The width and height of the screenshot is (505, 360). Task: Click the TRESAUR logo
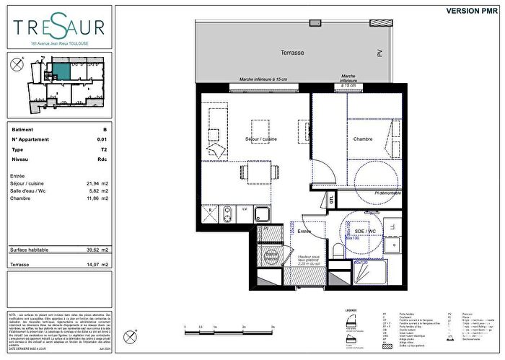58,29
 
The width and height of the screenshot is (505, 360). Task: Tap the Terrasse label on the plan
292,53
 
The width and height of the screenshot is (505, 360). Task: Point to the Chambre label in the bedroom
362,139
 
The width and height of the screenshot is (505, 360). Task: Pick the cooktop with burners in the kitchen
227,214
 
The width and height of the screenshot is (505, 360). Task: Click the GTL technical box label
331,200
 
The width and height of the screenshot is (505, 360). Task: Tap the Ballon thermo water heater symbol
271,255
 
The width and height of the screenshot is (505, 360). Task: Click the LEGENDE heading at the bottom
351,311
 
